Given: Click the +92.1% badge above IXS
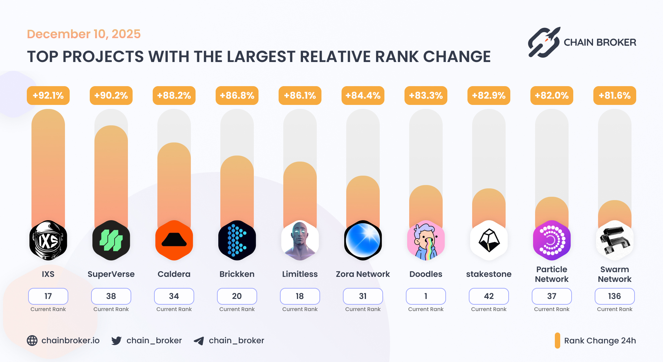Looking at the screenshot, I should (x=48, y=96).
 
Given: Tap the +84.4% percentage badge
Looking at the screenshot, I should (x=363, y=96).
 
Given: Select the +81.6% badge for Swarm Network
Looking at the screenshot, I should (x=615, y=96).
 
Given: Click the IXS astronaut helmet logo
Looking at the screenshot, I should (x=48, y=240).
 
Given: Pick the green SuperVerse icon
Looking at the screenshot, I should (x=111, y=240).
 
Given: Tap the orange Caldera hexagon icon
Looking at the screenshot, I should (x=174, y=240).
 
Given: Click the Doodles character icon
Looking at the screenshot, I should (x=426, y=240).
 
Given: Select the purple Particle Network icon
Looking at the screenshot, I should (x=552, y=240).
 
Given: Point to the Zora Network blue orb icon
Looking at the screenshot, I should (x=363, y=240).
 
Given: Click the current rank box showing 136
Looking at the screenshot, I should (x=615, y=296).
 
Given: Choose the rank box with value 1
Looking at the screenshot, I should (x=426, y=296).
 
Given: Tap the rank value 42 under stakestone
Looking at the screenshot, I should (x=489, y=296).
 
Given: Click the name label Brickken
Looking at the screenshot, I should (x=237, y=274).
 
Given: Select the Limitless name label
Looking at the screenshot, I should (x=300, y=274).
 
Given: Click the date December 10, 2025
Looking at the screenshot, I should (x=84, y=34).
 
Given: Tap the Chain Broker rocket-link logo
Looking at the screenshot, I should (x=544, y=43).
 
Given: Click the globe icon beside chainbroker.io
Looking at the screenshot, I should (x=32, y=341).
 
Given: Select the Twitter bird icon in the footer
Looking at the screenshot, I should (x=117, y=341).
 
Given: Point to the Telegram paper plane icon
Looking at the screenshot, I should (x=199, y=341).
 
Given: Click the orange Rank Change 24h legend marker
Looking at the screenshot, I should (x=558, y=341).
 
